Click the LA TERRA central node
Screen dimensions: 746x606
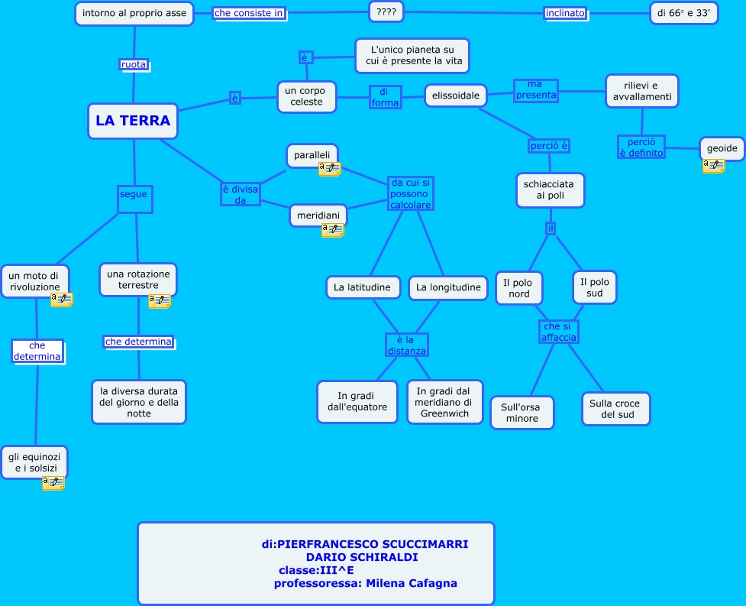coord(133,121)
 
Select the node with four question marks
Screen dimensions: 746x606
coord(386,11)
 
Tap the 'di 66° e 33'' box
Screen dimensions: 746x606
coord(683,12)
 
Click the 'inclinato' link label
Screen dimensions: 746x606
coord(565,13)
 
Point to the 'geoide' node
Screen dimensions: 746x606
coord(721,148)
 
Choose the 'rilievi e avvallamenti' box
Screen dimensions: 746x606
coord(641,91)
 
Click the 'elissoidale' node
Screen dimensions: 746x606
coord(456,96)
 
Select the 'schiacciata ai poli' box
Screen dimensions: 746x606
coord(550,190)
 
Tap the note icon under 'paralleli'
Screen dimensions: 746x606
coord(330,169)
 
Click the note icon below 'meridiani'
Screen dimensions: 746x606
coord(333,229)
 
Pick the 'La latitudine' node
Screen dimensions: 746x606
coord(363,287)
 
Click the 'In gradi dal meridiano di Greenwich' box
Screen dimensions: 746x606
coord(444,402)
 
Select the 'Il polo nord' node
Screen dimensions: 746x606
coord(519,288)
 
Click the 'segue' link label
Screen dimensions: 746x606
coord(134,194)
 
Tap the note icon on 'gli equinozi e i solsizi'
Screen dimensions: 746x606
coord(53,482)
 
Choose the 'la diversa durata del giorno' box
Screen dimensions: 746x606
coord(139,402)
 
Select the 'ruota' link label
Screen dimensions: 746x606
coord(134,65)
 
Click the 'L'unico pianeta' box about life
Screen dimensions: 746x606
coord(412,56)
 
